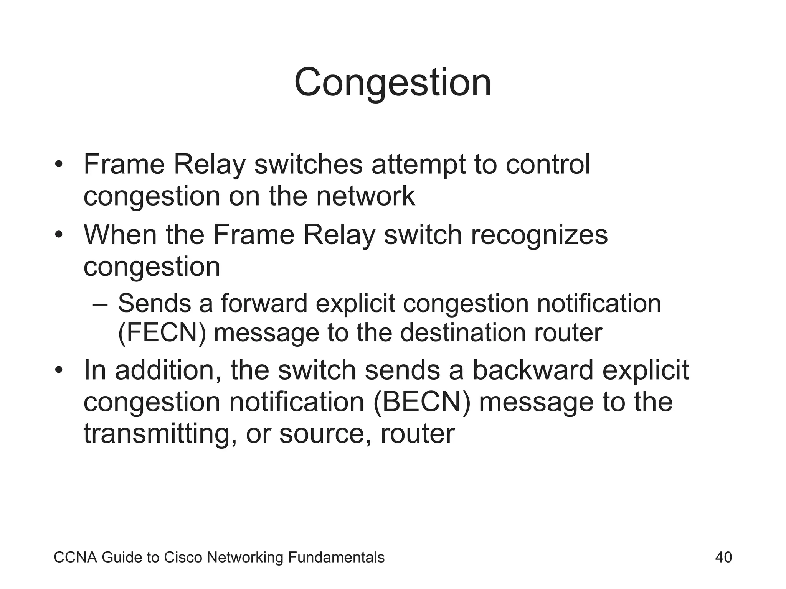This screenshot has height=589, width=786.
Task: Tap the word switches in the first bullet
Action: pyautogui.click(x=308, y=165)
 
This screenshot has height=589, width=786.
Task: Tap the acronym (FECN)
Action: pyautogui.click(x=162, y=333)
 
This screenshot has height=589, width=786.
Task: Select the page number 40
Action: pyautogui.click(x=723, y=557)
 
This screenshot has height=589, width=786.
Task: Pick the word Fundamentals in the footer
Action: pyautogui.click(x=336, y=558)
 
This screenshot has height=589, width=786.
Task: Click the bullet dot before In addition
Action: pyautogui.click(x=58, y=371)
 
